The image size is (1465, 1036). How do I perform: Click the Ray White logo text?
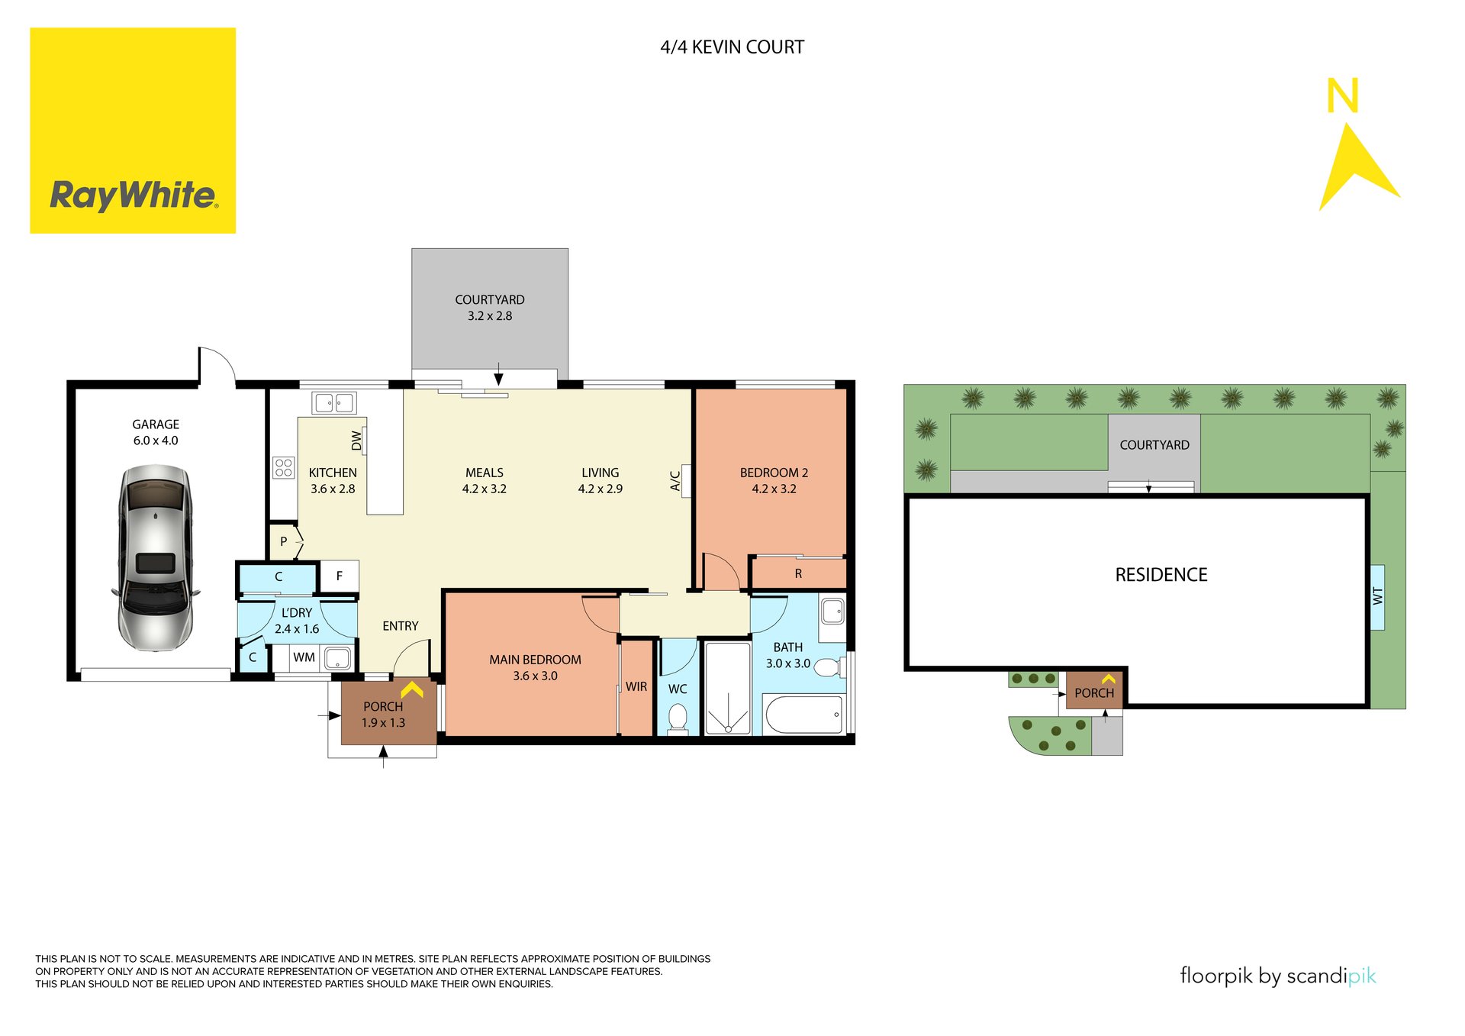click(x=134, y=195)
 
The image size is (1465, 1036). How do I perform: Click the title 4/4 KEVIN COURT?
click(x=732, y=47)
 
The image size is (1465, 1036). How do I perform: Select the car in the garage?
click(x=156, y=558)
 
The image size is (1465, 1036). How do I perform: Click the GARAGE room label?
click(x=156, y=424)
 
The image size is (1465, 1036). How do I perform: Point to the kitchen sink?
click(x=334, y=402)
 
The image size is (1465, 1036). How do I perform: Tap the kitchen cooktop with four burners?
click(x=284, y=467)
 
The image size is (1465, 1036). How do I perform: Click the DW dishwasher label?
click(x=356, y=441)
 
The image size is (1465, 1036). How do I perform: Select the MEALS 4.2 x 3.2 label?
click(x=484, y=481)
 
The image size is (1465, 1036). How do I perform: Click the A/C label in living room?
click(x=675, y=480)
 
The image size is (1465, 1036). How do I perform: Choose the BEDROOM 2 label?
click(x=774, y=473)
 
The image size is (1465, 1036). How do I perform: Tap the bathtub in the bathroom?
click(x=803, y=715)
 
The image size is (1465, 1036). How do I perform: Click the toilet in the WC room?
click(x=678, y=718)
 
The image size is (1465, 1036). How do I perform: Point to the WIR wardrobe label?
click(x=636, y=687)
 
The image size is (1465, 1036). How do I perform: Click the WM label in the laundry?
click(x=304, y=657)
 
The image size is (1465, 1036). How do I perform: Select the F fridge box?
click(x=340, y=576)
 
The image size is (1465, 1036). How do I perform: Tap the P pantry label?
click(x=284, y=542)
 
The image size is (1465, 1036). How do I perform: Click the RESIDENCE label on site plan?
click(x=1161, y=575)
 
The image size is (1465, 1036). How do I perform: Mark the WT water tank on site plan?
click(x=1377, y=596)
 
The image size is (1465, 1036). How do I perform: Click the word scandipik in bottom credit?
click(x=1331, y=976)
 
